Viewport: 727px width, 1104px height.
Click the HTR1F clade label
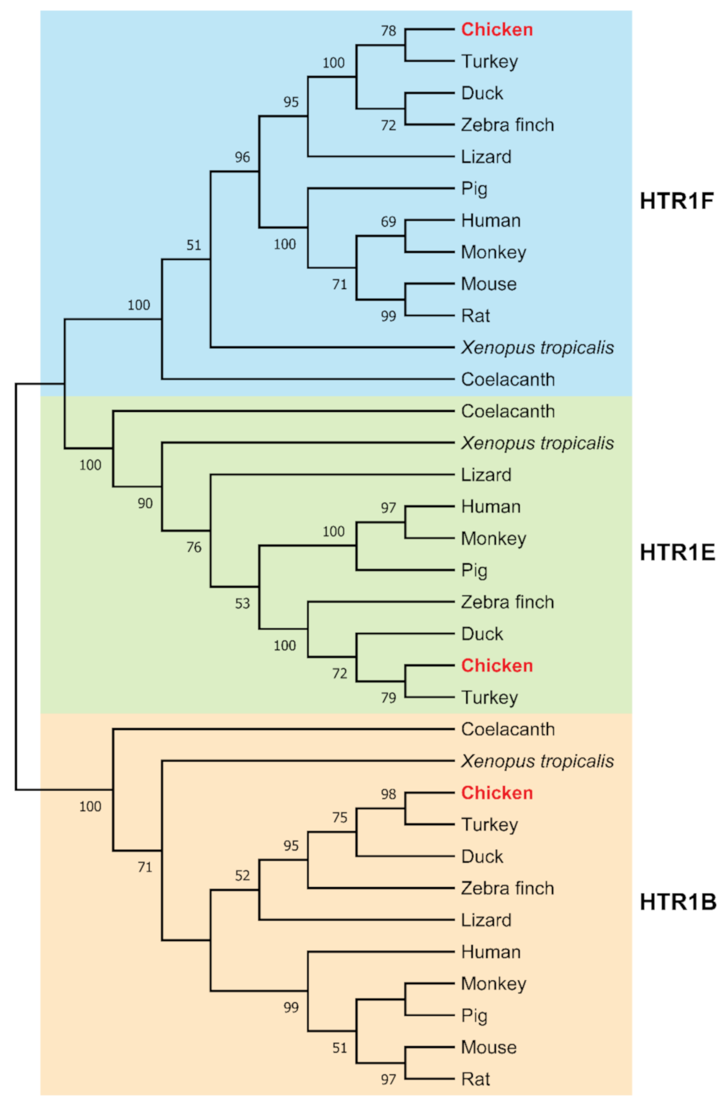tap(676, 201)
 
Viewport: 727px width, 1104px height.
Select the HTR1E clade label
tap(677, 552)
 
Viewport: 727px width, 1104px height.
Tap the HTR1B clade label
tap(677, 902)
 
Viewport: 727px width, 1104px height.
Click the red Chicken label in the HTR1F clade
tap(497, 30)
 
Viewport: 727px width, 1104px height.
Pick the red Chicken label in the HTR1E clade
tap(497, 666)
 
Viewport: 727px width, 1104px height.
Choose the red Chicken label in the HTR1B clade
tap(497, 793)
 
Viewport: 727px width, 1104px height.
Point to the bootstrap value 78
tap(388, 31)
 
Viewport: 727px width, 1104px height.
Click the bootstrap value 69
tap(388, 222)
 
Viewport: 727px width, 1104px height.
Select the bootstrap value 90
tap(145, 503)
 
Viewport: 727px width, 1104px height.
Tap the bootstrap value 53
tap(242, 603)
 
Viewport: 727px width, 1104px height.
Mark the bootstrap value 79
tap(388, 698)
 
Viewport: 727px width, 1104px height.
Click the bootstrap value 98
tap(388, 794)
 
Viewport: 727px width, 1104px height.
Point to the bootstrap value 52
tap(242, 875)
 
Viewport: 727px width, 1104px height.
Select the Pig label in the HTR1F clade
tap(474, 189)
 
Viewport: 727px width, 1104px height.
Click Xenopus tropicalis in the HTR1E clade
tap(537, 443)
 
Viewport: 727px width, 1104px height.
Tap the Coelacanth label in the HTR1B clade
tap(508, 729)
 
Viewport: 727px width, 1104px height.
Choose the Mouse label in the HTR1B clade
tap(488, 1047)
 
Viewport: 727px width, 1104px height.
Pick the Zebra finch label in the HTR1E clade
tap(507, 602)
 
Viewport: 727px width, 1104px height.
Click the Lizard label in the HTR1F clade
tap(486, 157)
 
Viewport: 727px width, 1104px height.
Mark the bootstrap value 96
tap(242, 157)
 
